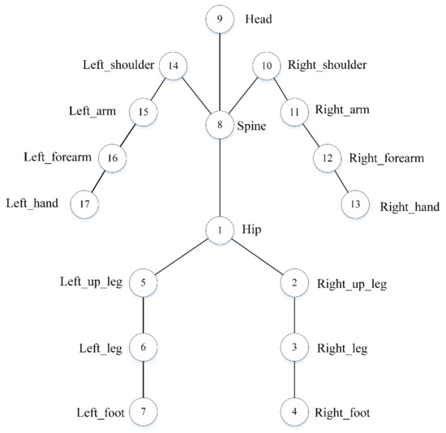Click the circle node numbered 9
click(x=220, y=19)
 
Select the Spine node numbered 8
click(x=220, y=126)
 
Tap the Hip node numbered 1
click(x=220, y=230)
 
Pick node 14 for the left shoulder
click(x=173, y=66)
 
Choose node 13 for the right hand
click(x=354, y=203)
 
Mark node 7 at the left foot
click(x=143, y=412)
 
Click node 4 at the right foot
click(x=293, y=412)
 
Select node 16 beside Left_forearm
click(x=112, y=157)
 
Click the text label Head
click(x=259, y=18)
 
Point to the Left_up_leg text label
click(x=91, y=283)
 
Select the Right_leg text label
click(x=343, y=349)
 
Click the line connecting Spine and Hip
click(x=220, y=178)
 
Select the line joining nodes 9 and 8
click(x=220, y=73)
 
